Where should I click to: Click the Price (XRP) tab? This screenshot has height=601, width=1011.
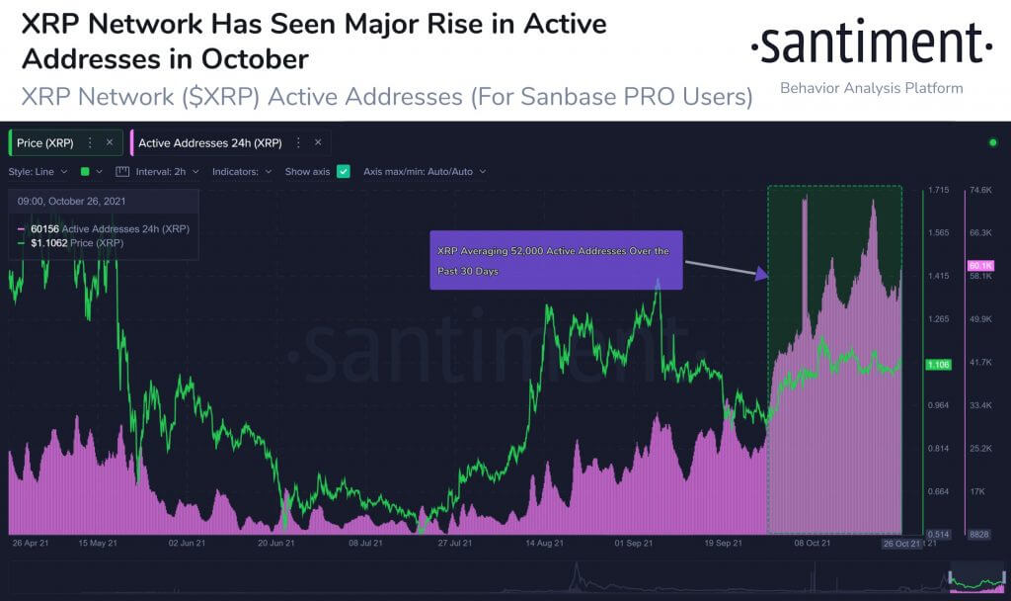(x=45, y=142)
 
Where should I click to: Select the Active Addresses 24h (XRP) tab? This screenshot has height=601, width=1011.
(x=209, y=142)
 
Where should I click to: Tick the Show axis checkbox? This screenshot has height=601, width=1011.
(x=344, y=171)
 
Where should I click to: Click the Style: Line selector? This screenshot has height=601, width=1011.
(x=38, y=171)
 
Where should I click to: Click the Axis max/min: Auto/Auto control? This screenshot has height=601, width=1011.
(x=424, y=171)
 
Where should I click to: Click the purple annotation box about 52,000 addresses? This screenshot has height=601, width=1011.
(x=556, y=261)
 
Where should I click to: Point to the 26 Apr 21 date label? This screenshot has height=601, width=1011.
(x=32, y=543)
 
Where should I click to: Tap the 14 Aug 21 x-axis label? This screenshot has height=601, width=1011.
(x=545, y=543)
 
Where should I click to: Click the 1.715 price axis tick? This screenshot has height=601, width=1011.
(x=938, y=190)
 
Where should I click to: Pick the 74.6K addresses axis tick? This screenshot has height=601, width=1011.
(x=980, y=190)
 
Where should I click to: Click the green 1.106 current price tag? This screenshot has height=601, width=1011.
(x=938, y=366)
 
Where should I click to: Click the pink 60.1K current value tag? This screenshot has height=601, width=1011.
(x=980, y=266)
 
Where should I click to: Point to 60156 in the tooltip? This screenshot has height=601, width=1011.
(x=45, y=229)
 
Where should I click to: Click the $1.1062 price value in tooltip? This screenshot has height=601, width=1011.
(x=48, y=242)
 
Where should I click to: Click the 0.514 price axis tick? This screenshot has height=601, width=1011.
(x=938, y=534)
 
